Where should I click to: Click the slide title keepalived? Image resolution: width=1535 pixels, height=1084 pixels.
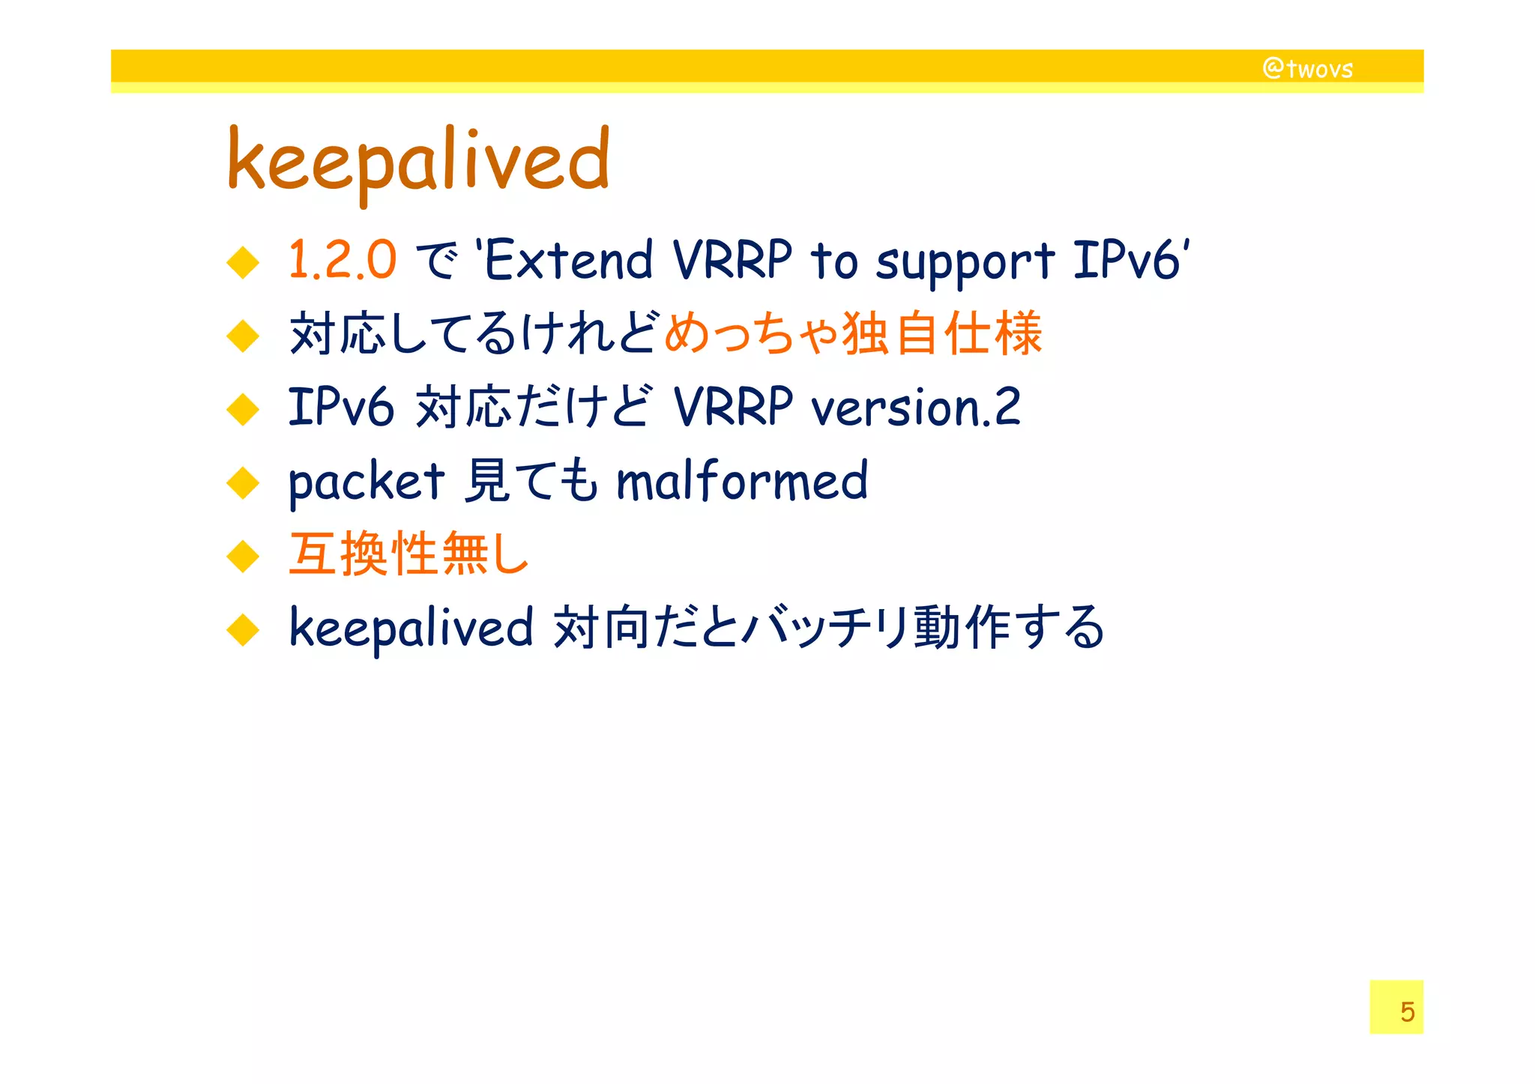pos(418,161)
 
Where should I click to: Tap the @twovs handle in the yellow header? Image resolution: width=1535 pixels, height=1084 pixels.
pos(1307,69)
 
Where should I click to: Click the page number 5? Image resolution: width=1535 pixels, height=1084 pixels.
pos(1407,1011)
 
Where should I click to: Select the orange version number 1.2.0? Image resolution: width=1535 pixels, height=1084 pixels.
pos(342,261)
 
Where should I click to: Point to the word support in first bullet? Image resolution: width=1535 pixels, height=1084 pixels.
pos(965,262)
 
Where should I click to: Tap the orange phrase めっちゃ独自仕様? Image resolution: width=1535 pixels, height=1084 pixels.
pos(853,333)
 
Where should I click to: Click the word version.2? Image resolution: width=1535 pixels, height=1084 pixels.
pos(915,408)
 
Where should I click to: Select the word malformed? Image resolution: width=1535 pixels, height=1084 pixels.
pos(741,481)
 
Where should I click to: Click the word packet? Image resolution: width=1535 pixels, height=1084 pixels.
pos(367,482)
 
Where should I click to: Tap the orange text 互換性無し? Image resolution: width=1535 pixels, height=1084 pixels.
pos(409,554)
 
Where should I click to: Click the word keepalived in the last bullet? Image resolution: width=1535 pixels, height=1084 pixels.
pos(411,628)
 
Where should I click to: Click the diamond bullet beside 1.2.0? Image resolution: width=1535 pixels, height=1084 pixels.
pos(243,262)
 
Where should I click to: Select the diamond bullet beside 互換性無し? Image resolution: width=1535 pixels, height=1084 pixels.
pos(243,557)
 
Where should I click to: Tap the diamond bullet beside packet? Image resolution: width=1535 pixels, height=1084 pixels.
pos(243,483)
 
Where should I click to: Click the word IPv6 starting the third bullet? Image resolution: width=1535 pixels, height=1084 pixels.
pos(341,408)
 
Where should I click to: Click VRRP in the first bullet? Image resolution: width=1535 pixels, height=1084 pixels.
pos(732,261)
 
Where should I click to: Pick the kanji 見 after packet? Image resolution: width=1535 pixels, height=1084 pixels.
pos(488,481)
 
